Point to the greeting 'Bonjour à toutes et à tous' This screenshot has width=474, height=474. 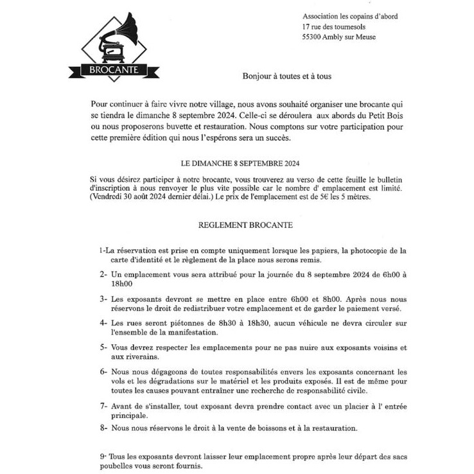pyautogui.click(x=286, y=76)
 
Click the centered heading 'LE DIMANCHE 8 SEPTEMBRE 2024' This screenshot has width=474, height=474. pyautogui.click(x=236, y=164)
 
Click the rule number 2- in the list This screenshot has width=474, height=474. pyautogui.click(x=103, y=274)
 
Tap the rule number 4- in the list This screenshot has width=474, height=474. pyautogui.click(x=103, y=323)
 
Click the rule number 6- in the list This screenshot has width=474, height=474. pyautogui.click(x=103, y=372)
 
